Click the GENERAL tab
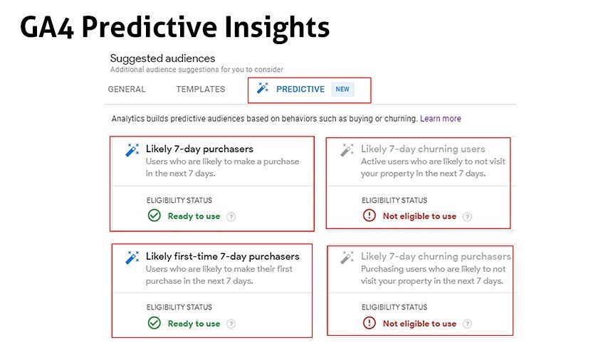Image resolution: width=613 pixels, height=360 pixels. (127, 89)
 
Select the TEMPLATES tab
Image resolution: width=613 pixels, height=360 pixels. (201, 89)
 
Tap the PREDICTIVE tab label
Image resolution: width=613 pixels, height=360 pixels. (300, 89)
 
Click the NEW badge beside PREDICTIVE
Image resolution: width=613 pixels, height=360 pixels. (342, 89)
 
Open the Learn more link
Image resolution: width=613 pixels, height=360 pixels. (441, 118)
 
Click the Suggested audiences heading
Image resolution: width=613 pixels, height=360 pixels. (162, 58)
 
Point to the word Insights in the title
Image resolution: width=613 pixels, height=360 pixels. (277, 27)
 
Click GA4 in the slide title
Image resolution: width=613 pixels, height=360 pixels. (46, 27)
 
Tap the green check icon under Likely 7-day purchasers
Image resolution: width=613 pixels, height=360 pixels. (154, 216)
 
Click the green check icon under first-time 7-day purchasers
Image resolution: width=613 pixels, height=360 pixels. (154, 323)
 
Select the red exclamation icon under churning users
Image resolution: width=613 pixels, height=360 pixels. (370, 216)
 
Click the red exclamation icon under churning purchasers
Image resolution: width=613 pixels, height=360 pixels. (370, 323)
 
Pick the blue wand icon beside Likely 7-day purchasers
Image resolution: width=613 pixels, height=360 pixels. (132, 149)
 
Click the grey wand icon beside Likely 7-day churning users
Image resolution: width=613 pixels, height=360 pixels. (347, 149)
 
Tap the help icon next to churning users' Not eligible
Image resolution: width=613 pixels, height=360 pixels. (467, 216)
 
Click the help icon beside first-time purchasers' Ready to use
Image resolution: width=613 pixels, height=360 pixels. (231, 324)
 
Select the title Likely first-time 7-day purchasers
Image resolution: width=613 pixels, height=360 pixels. (222, 256)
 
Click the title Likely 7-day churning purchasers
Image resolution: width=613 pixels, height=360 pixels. (436, 256)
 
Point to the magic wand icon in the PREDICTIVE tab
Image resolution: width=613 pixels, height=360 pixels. (263, 88)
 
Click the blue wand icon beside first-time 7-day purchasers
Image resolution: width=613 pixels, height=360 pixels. (132, 258)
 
